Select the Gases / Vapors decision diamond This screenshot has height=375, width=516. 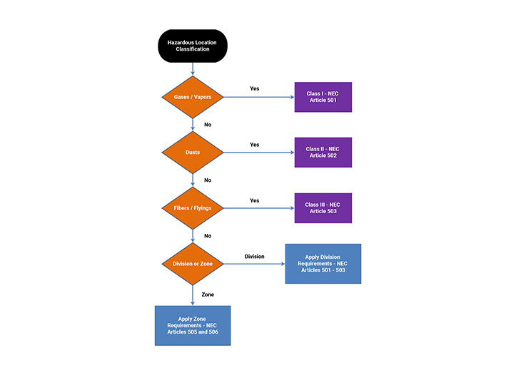point(193,96)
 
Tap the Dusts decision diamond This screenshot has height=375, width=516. point(193,152)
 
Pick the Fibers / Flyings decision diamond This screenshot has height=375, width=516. point(193,208)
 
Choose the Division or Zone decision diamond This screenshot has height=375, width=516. point(193,264)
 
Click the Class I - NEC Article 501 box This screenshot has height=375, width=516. point(323,96)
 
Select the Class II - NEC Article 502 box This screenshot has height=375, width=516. point(323,152)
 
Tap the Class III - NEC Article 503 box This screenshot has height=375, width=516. point(323,208)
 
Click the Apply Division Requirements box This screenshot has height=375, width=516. point(323,264)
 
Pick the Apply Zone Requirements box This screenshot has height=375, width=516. point(193,325)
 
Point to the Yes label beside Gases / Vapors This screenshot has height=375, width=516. point(254,88)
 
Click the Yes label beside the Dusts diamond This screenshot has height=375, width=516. point(254,144)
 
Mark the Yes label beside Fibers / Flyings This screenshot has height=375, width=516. point(254,200)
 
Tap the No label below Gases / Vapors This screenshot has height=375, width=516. point(208,125)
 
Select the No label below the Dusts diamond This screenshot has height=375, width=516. point(208,180)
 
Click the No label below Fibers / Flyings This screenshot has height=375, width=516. point(208,236)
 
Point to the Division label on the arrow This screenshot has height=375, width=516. point(254,256)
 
